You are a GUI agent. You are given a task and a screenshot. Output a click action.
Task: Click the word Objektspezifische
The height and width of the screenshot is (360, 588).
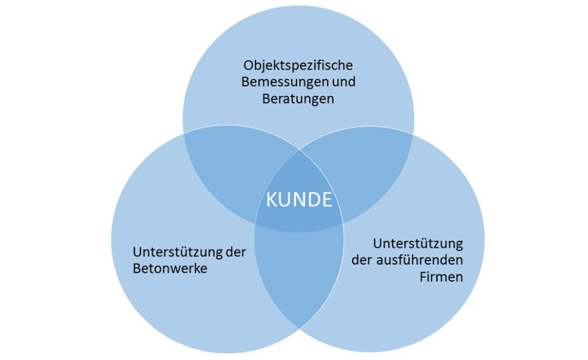click(x=298, y=66)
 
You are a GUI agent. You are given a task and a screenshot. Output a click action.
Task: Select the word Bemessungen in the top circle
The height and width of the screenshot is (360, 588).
click(x=282, y=82)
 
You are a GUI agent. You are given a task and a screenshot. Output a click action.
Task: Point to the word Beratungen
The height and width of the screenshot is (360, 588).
click(x=298, y=99)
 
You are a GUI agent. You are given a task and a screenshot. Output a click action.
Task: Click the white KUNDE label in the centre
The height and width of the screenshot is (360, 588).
click(x=299, y=199)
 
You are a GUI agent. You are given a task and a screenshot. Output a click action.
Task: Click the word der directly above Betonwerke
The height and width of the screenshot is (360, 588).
click(x=236, y=252)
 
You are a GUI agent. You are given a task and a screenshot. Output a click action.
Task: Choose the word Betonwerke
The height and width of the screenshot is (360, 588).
click(x=170, y=268)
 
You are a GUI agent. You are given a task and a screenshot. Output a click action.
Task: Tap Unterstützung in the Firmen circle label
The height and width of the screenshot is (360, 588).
click(x=418, y=244)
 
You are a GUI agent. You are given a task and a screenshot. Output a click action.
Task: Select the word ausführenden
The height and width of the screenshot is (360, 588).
click(x=420, y=260)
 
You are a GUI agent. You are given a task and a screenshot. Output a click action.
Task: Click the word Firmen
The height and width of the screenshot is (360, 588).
click(x=441, y=277)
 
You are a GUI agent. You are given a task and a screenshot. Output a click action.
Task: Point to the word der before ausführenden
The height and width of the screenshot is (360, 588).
click(x=362, y=260)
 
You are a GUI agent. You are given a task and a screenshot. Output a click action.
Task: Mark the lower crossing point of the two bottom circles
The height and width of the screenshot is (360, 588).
click(x=299, y=328)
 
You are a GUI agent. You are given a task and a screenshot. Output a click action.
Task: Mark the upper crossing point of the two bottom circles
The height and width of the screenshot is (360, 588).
click(x=300, y=151)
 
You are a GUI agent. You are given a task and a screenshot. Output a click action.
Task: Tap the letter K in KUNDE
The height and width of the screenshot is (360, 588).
click(x=270, y=200)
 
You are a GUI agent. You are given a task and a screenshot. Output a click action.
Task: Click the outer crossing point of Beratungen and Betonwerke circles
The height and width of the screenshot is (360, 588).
click(x=183, y=134)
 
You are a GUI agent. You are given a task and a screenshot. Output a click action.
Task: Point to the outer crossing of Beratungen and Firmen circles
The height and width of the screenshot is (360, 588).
click(x=413, y=134)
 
